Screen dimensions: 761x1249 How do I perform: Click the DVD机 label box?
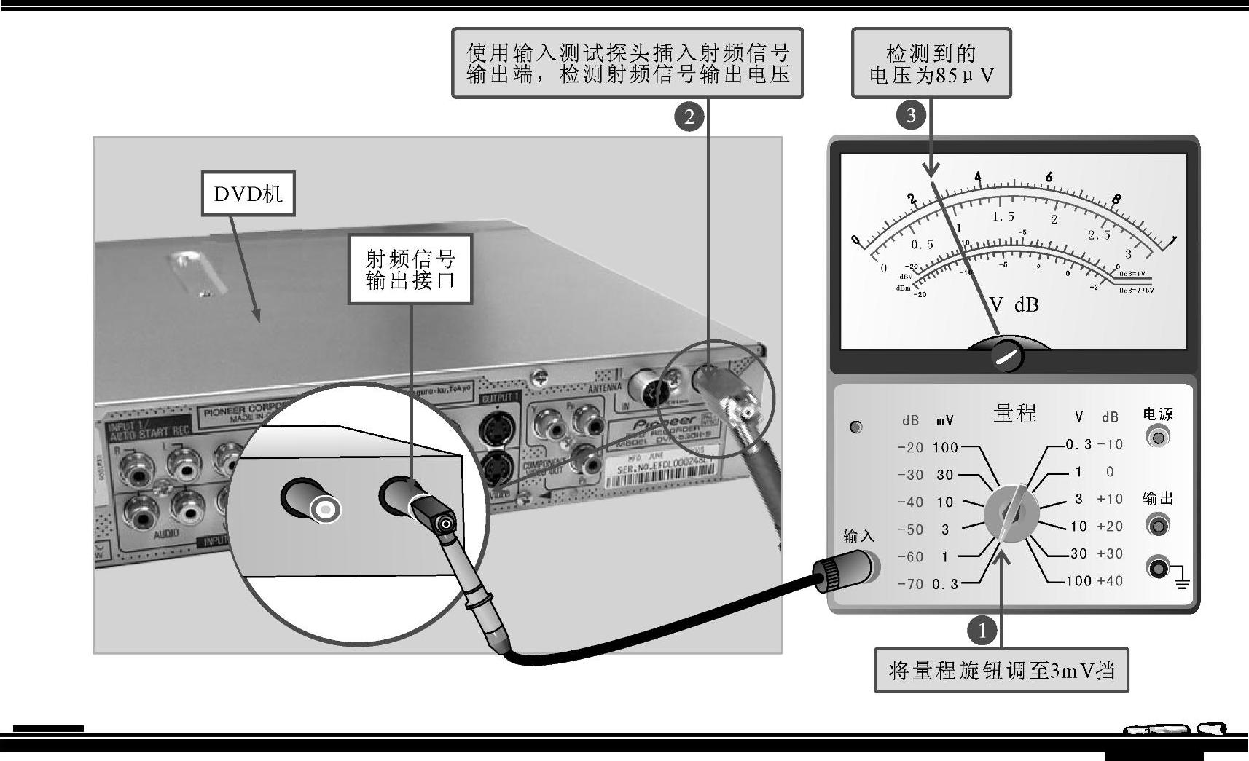248,194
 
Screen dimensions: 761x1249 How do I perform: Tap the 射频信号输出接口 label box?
410,269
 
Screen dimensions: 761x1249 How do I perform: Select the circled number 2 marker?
689,116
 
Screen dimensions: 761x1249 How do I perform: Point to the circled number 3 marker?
911,115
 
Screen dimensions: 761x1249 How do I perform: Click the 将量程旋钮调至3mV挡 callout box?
1001,670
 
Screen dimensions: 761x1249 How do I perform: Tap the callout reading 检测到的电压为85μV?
931,63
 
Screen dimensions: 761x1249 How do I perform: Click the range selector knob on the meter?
1011,514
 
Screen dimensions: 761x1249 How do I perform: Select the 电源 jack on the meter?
1157,437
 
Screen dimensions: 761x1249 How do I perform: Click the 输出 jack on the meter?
1157,524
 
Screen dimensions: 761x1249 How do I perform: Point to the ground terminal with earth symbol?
1159,567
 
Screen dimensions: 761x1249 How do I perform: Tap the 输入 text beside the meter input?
858,536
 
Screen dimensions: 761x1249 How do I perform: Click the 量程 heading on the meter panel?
1014,413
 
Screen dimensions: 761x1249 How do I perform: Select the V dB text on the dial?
1014,304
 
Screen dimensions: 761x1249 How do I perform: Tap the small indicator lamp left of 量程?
856,427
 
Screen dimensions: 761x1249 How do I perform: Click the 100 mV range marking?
945,447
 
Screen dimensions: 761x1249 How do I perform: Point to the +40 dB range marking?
1110,581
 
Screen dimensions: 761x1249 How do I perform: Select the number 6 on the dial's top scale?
1049,176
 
